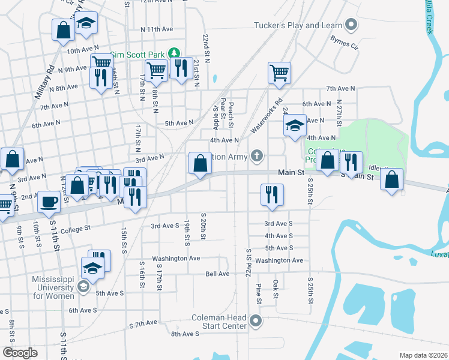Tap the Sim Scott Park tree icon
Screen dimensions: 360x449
pos(175,53)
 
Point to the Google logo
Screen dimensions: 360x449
pos(20,353)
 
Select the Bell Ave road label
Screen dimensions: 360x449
pos(217,274)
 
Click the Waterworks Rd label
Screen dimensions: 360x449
pos(266,116)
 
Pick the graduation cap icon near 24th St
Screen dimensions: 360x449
pos(295,125)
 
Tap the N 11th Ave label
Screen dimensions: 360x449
pos(157,29)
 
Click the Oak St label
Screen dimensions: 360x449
pos(276,288)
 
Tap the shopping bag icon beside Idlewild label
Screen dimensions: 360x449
pos(391,179)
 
